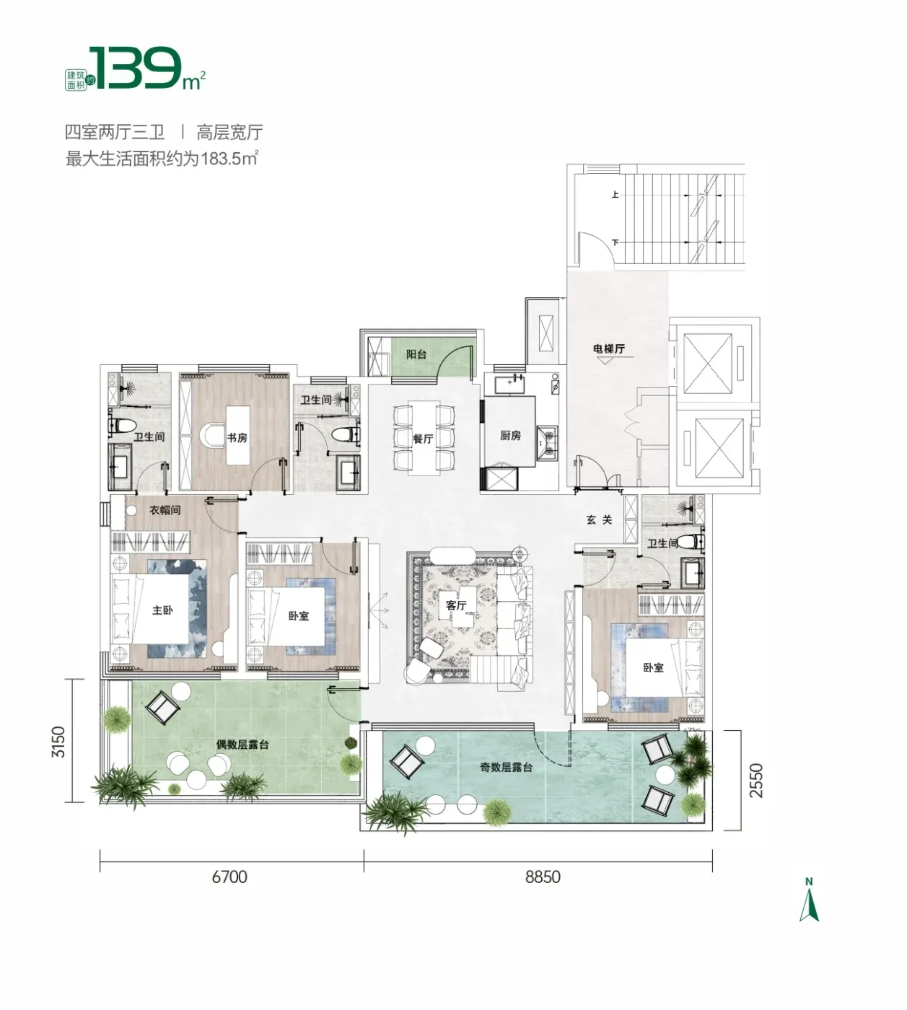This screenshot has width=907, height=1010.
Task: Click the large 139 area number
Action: [x=135, y=69]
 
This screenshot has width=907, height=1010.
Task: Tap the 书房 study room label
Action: [x=237, y=438]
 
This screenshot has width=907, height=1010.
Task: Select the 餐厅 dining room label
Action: [x=423, y=439]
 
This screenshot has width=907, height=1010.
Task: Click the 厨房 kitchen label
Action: [x=510, y=436]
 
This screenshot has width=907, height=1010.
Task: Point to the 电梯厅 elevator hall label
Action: [x=609, y=348]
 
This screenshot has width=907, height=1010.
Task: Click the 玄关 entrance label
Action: [x=599, y=520]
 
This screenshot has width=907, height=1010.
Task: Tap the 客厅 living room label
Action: [x=456, y=605]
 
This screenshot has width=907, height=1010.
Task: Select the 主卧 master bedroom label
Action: [x=162, y=610]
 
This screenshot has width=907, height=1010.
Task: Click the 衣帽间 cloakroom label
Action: [x=165, y=510]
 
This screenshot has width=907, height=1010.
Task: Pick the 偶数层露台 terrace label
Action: [x=242, y=745]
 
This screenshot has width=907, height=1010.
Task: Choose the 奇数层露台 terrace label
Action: [x=506, y=767]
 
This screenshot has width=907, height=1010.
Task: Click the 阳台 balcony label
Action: [x=416, y=354]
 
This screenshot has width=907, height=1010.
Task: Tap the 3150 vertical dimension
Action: [x=59, y=742]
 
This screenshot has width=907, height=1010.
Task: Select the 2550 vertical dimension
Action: [x=756, y=781]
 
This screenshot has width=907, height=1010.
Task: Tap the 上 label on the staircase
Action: [x=615, y=194]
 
